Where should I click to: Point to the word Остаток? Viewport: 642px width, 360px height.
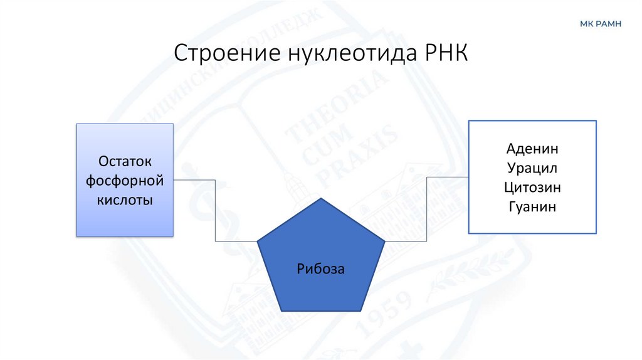point(125,162)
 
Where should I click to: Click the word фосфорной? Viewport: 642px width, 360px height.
point(125,181)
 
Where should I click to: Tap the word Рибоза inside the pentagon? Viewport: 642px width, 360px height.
point(321,269)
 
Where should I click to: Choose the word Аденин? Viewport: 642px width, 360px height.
point(532,150)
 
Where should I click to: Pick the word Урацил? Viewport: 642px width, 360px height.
point(532,169)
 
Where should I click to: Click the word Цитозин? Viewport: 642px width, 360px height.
point(532,188)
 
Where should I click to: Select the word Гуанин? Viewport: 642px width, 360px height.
point(532,206)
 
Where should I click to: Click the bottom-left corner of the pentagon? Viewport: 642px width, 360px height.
point(280,311)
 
